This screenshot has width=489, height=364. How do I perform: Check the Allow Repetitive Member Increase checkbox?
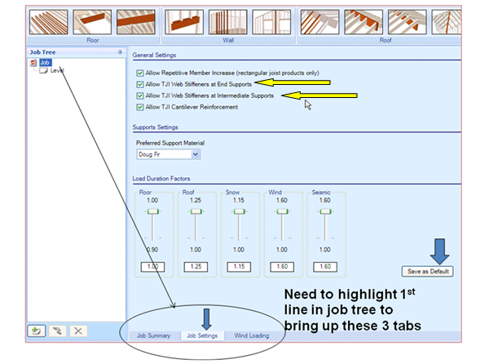139,73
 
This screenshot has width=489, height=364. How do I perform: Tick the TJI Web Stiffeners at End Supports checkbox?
139,84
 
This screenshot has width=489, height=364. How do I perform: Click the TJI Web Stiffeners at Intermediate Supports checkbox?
139,95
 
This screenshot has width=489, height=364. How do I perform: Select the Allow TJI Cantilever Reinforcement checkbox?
139,107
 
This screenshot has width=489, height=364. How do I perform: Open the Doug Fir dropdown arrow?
196,154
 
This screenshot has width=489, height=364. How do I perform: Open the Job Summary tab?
153,335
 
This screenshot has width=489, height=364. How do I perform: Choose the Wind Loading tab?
252,335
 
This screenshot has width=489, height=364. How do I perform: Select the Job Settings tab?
202,335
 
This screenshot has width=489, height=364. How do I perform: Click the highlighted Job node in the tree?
45,63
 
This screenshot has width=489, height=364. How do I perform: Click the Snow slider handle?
239,211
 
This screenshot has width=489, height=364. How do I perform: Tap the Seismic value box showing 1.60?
325,267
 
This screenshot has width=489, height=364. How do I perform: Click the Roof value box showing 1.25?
196,267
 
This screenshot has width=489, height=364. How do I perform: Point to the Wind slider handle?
282,211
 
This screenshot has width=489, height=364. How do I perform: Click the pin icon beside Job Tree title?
120,52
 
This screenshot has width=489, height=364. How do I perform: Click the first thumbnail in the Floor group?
49,22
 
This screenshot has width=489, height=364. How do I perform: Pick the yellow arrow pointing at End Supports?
293,82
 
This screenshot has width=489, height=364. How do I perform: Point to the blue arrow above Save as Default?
439,251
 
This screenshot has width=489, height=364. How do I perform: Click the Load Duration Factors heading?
161,179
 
